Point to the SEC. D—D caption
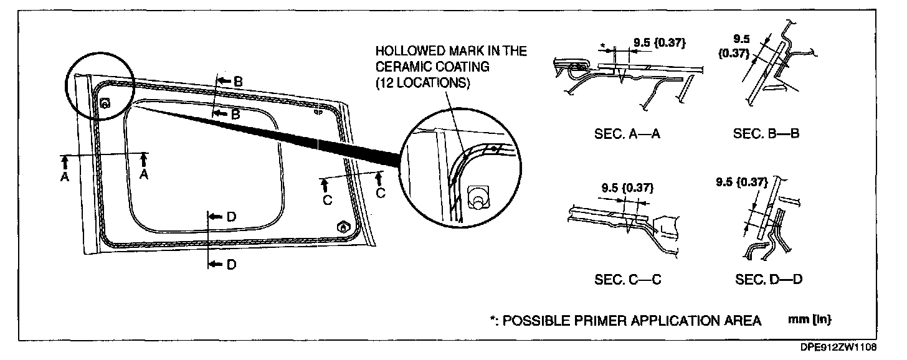click(768, 280)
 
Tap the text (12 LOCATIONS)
click(422, 83)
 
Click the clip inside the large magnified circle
click(477, 198)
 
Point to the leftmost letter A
click(64, 177)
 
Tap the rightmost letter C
click(380, 192)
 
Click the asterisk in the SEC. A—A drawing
click(603, 45)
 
